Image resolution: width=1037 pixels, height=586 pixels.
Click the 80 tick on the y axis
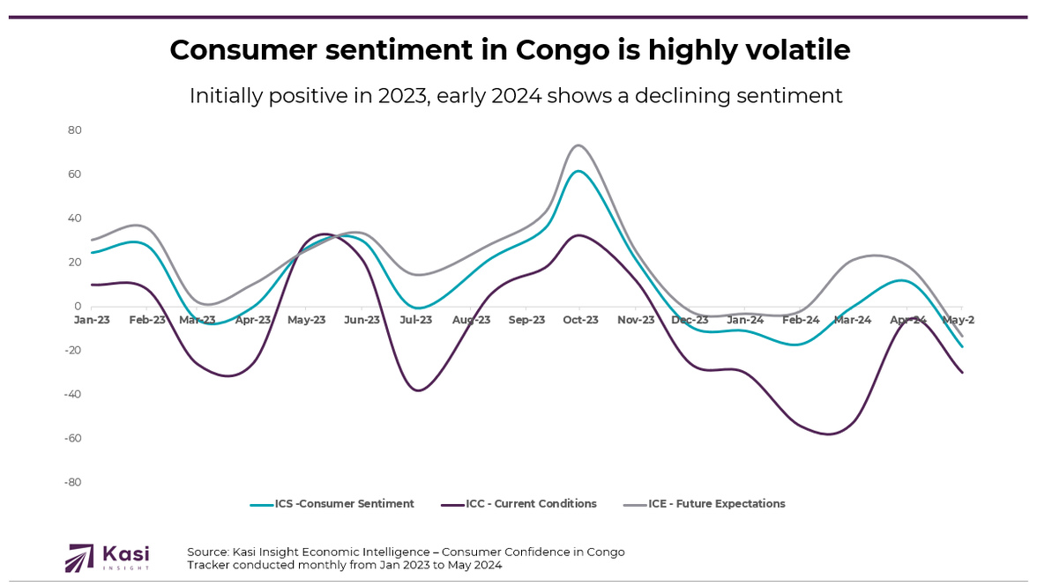[x=74, y=130]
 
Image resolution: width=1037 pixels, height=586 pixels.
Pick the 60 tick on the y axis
[x=74, y=174]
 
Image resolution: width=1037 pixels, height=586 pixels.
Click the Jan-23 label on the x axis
[x=92, y=320]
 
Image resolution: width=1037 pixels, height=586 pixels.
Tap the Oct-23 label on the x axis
[x=580, y=320]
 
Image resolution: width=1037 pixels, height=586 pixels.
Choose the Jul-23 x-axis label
[x=416, y=320]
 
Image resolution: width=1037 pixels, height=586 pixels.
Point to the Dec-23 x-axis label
[x=690, y=320]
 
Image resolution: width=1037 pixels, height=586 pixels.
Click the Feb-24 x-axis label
[x=800, y=320]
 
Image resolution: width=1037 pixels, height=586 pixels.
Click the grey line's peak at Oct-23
[x=578, y=145]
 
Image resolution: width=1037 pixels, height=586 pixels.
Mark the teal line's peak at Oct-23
[x=578, y=171]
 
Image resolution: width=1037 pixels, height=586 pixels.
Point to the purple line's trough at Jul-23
[x=418, y=390]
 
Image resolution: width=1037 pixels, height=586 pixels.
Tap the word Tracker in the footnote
[x=208, y=565]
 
